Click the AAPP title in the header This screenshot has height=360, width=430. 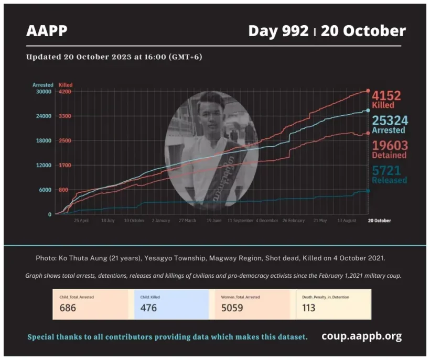tap(47, 31)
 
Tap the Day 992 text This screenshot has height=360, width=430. tap(278, 31)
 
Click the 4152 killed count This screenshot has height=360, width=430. tap(386, 96)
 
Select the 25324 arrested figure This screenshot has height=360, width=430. tap(390, 121)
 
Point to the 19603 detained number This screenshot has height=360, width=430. tap(390, 146)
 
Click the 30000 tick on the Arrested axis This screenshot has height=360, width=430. tap(42, 92)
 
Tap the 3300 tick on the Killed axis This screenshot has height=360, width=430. tap(65, 116)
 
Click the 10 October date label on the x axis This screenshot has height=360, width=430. tap(134, 221)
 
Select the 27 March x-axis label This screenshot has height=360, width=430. tap(187, 221)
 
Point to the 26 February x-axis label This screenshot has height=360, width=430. tap(293, 221)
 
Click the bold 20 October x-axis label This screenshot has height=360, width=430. tap(379, 221)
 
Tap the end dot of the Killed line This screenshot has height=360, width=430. tap(368, 91)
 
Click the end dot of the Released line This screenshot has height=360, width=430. tap(368, 191)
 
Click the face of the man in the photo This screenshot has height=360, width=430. tap(214, 115)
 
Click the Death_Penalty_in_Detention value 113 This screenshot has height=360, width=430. tap(309, 308)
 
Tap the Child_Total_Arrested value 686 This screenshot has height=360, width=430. tap(68, 308)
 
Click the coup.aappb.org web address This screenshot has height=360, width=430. tap(362, 336)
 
